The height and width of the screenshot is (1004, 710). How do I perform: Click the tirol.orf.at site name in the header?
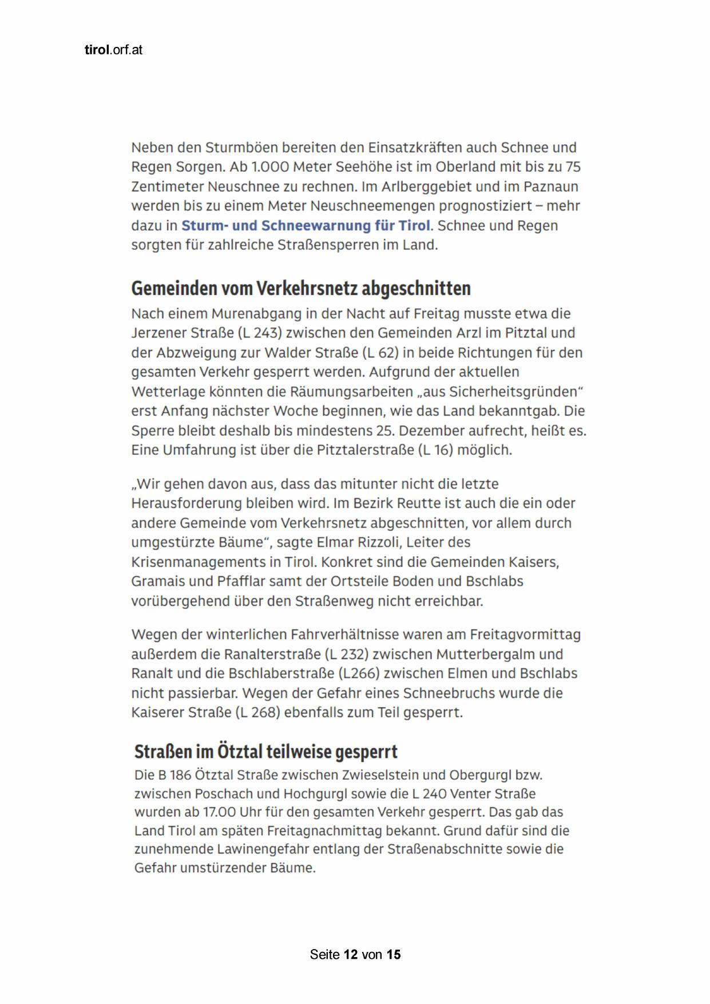tap(113, 50)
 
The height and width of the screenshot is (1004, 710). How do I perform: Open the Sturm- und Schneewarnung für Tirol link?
tap(306, 225)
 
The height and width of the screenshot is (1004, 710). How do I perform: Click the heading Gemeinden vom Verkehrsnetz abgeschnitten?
tap(301, 288)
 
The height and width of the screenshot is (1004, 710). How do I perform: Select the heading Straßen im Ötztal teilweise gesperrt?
tap(265, 751)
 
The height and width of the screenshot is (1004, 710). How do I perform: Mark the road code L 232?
tap(346, 654)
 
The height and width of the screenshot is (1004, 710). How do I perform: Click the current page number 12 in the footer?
tap(351, 954)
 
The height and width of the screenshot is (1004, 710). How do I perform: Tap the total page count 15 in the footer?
tap(393, 954)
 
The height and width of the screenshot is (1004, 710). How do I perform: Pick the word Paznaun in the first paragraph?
tap(550, 186)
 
